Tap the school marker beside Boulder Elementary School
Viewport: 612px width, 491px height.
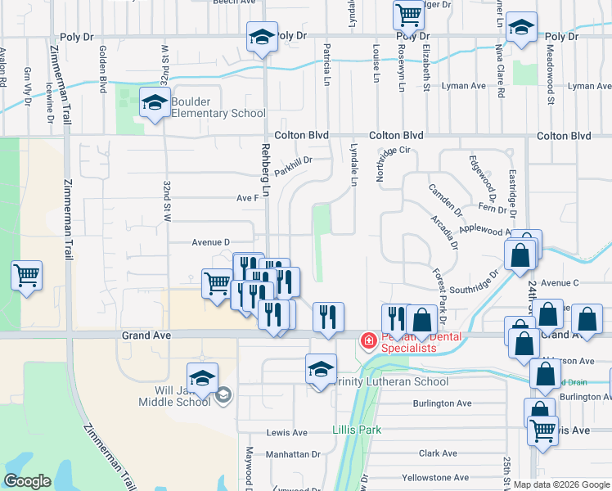point(153,103)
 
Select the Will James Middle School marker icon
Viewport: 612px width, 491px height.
point(201,379)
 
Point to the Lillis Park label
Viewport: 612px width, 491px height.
point(353,430)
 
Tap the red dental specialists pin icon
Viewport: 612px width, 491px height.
point(369,340)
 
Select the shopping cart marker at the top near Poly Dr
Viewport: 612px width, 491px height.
point(407,14)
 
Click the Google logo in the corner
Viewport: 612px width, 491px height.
point(27,481)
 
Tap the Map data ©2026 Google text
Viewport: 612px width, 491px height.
point(561,484)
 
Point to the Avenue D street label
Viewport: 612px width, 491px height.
point(211,241)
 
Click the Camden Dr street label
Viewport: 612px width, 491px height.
point(446,200)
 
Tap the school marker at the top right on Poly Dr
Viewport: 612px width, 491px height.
point(521,27)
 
